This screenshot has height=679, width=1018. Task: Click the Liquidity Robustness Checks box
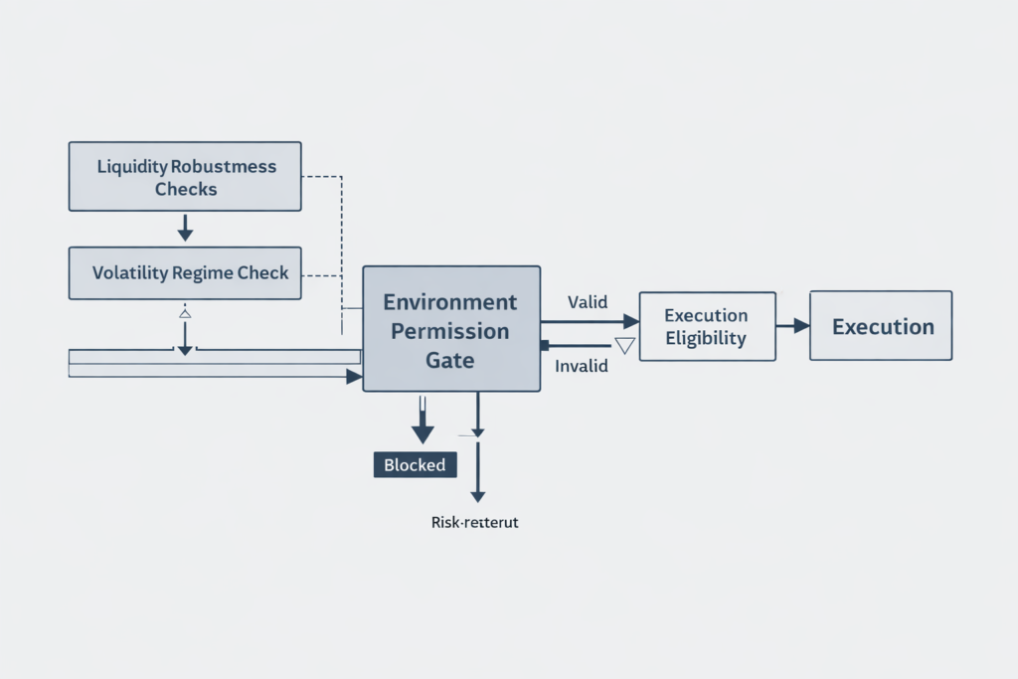(185, 176)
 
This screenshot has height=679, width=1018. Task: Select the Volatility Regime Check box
(185, 272)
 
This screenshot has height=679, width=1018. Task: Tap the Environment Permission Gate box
(451, 328)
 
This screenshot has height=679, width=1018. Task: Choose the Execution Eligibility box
(706, 326)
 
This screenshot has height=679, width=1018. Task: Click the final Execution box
(881, 326)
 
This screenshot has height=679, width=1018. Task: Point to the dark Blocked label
(415, 464)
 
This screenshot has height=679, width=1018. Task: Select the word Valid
(587, 301)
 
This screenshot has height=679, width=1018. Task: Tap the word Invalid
(582, 366)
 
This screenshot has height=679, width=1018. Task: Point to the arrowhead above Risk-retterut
(478, 494)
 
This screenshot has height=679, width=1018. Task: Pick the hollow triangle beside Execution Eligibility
(624, 346)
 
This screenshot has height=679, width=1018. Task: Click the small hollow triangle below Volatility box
(184, 313)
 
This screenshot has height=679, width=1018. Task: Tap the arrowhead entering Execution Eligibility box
(630, 321)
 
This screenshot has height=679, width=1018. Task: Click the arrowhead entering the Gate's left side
(353, 377)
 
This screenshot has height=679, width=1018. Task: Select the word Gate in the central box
(450, 360)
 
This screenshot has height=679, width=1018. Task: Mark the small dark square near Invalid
(544, 345)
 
